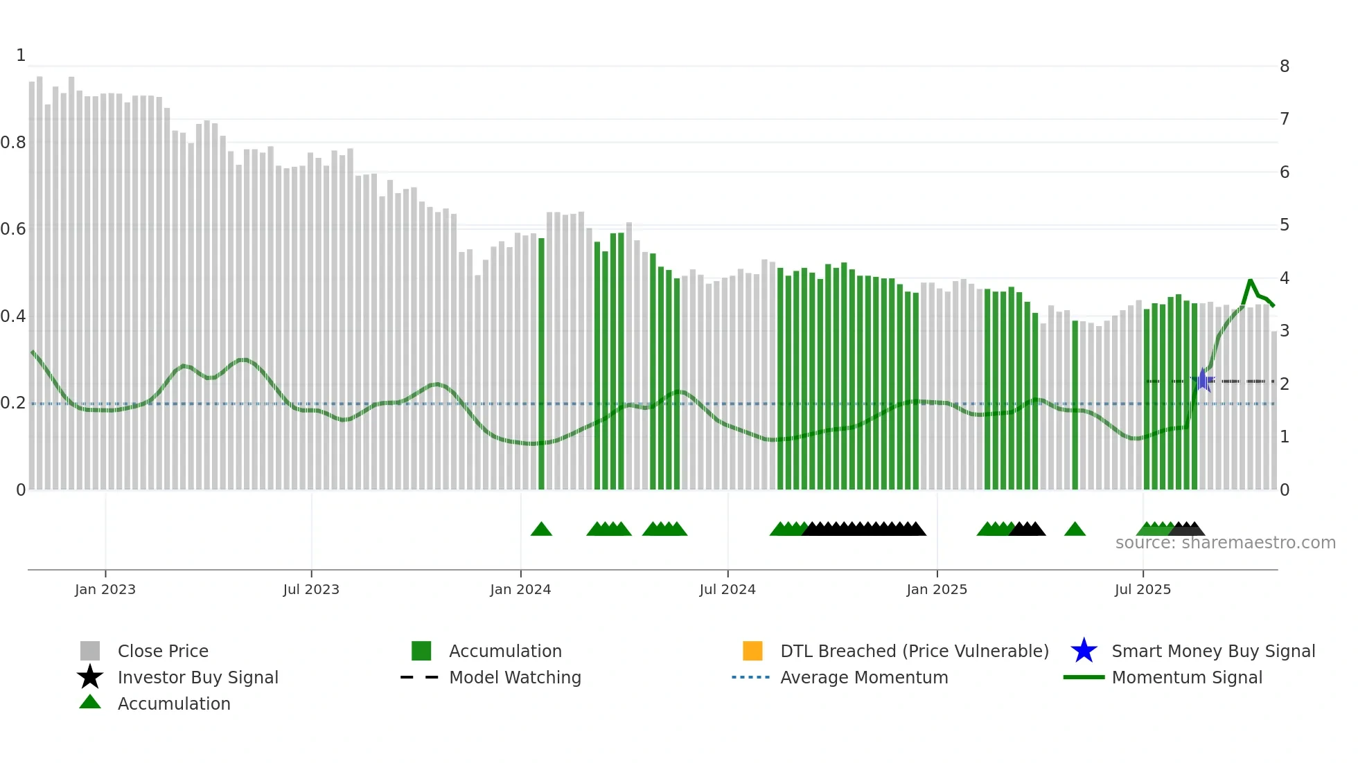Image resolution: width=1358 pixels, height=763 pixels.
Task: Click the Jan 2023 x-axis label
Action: pos(105,589)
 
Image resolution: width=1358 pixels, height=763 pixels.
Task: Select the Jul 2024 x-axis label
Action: pos(727,589)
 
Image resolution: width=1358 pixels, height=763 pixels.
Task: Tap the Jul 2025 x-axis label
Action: pos(1143,589)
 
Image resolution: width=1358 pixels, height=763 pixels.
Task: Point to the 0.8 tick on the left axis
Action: pos(13,143)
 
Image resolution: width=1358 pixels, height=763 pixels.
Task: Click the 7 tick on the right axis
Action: pos(1285,119)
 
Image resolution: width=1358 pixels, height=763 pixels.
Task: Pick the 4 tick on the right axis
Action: pos(1285,278)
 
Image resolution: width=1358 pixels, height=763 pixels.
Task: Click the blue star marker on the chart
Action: pos(1203,380)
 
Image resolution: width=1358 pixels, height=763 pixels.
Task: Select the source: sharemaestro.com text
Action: pos(1225,543)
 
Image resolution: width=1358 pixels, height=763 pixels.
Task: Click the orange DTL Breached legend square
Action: pos(752,651)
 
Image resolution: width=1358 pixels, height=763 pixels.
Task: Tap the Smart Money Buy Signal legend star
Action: pos(1084,651)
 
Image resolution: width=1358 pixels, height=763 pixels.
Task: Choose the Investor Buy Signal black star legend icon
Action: pos(90,677)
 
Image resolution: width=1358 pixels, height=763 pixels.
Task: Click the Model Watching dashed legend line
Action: pos(420,677)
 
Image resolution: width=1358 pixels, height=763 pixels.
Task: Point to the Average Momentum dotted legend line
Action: pos(751,677)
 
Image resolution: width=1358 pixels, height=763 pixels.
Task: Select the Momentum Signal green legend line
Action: pos(1084,677)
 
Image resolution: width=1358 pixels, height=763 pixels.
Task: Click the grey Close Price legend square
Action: pos(90,651)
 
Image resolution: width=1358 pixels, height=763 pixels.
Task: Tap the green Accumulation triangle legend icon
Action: pos(90,702)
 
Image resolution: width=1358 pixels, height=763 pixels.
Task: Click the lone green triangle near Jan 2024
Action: pos(541,530)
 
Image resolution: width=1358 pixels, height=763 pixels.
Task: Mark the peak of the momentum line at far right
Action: pos(1251,280)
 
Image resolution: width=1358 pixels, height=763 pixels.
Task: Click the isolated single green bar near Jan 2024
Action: pos(541,363)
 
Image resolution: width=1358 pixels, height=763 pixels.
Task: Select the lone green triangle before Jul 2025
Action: pos(1075,530)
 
